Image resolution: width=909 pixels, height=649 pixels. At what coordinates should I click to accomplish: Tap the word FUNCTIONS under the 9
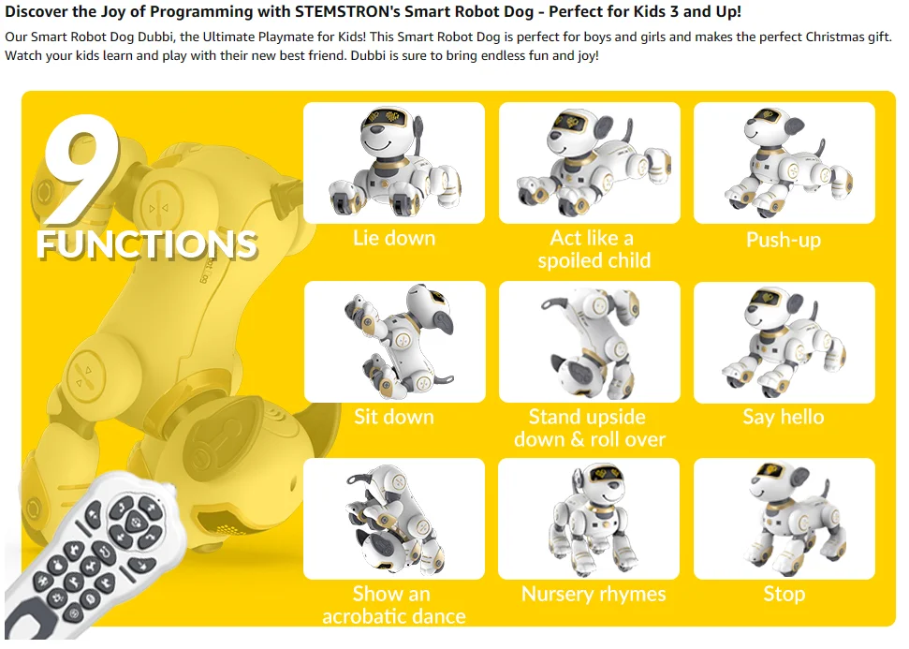146,243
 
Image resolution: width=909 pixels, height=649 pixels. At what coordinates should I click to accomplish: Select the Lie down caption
394,238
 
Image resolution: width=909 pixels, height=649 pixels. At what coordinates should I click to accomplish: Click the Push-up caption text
784,240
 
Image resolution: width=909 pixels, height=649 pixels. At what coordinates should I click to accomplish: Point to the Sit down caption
394,417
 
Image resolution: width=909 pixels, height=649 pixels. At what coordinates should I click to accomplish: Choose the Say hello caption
784,417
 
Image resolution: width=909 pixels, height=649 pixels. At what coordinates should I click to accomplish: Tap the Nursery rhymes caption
594,594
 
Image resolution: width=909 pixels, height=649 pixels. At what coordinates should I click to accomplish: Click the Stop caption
784,594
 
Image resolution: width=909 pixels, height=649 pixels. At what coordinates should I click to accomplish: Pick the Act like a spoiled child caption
594,249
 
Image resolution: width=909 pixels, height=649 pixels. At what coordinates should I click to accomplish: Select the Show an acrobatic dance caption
394,605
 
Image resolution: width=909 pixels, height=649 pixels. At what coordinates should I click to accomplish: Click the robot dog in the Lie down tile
394,163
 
